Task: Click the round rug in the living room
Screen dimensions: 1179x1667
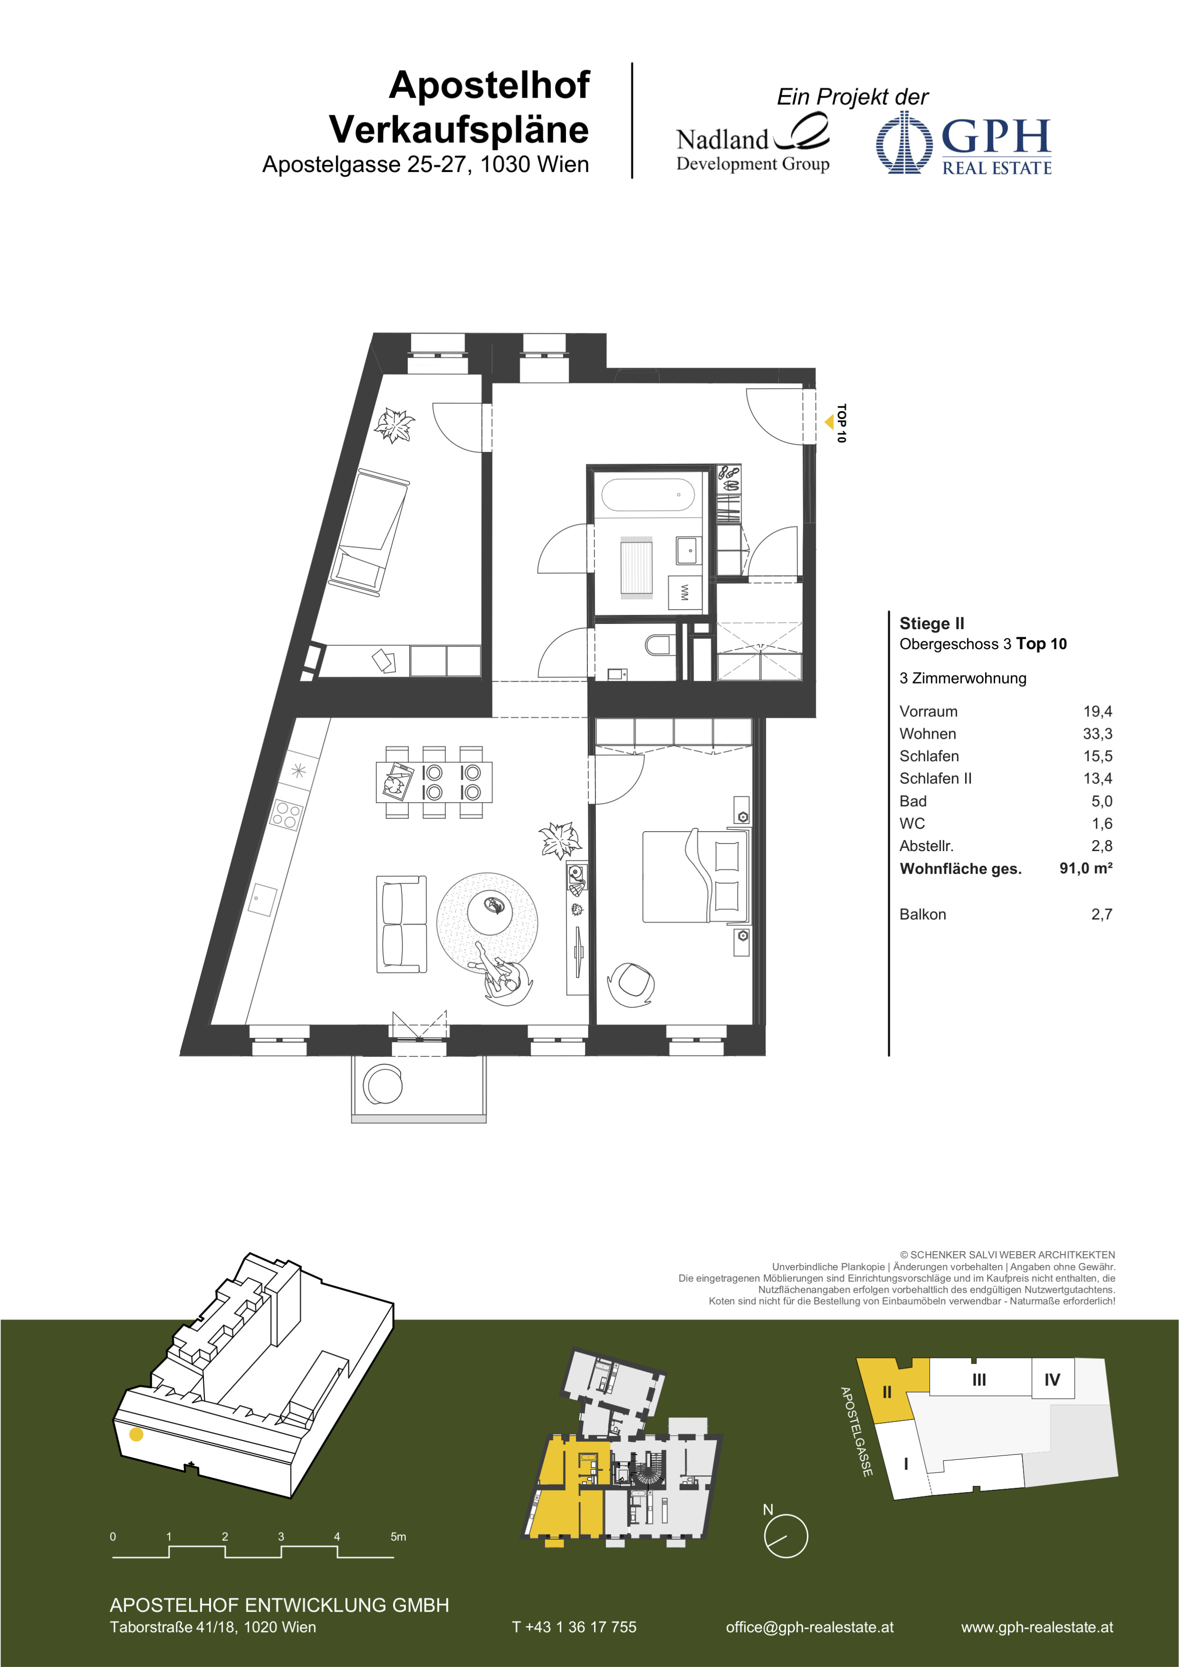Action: pos(487,924)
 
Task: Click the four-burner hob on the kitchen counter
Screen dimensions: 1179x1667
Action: pos(286,814)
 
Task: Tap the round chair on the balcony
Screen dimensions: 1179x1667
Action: pos(383,1085)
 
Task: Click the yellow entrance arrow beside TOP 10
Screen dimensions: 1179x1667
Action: pos(829,422)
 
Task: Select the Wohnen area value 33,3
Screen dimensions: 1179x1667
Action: pos(1097,733)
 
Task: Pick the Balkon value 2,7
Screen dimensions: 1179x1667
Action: pos(1101,914)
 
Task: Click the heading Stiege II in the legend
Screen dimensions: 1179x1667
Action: pos(931,623)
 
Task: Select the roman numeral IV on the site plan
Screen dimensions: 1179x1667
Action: pos(1051,1379)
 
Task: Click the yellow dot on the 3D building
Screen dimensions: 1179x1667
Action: pos(136,1434)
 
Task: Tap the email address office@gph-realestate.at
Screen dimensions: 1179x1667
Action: pos(809,1627)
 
